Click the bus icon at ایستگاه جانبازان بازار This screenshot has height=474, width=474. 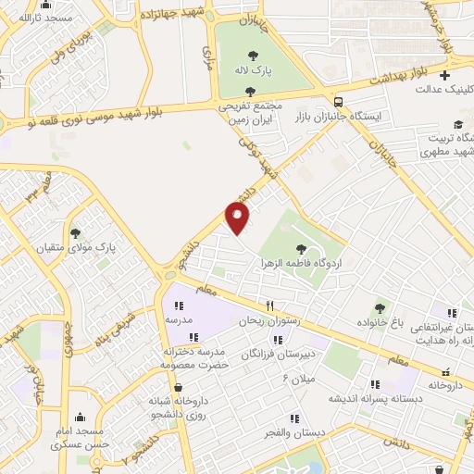pos(339,102)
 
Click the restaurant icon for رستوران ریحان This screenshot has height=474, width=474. pos(269,306)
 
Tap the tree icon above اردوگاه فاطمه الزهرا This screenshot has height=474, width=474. pos(301,247)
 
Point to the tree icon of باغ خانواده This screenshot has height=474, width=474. pos(379,308)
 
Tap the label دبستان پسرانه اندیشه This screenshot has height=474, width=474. pos(377,399)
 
